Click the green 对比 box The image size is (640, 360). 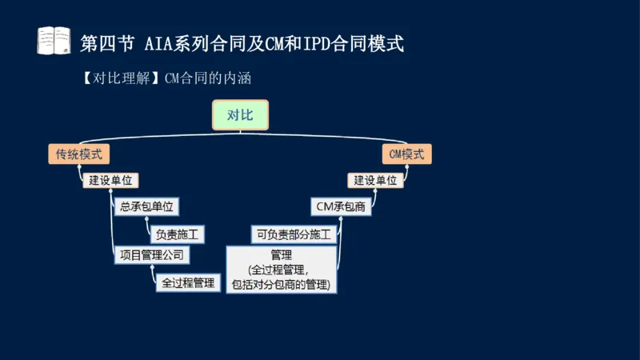point(240,115)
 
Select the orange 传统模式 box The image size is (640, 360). point(78,154)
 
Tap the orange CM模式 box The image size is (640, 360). point(407,154)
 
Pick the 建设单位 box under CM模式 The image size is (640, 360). point(375,180)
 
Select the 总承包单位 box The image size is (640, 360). point(146,206)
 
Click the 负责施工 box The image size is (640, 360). point(175,234)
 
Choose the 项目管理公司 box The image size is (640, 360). point(151,256)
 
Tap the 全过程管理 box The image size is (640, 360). point(188,282)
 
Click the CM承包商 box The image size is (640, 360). point(342,206)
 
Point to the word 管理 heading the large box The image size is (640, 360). point(282,256)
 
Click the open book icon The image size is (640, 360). point(54,41)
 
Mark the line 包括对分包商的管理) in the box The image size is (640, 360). point(282,284)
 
